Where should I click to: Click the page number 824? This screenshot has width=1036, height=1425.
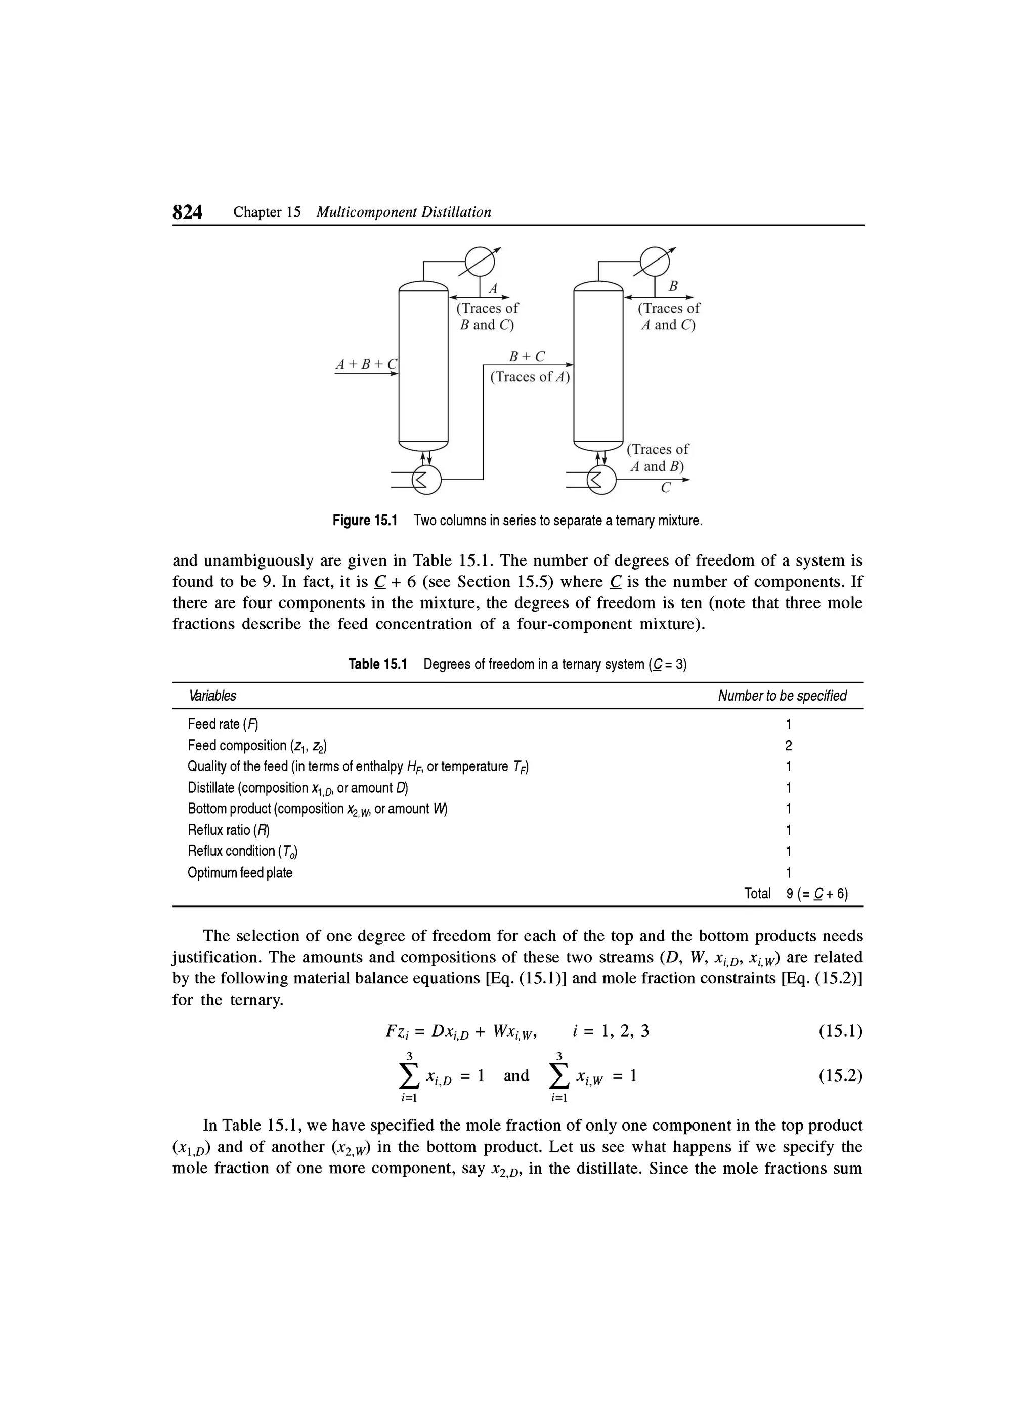click(187, 212)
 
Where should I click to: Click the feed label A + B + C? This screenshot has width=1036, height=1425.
click(367, 364)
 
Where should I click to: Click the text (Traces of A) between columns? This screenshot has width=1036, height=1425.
click(529, 377)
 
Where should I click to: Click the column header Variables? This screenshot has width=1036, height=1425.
click(212, 696)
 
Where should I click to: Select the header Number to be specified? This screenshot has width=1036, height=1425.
click(782, 696)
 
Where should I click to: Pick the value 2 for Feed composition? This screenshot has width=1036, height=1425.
click(789, 746)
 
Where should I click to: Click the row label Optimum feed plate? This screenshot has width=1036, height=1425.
click(240, 873)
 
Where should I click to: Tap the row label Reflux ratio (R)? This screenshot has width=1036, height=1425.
click(229, 830)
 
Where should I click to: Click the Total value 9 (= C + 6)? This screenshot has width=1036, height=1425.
click(816, 894)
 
